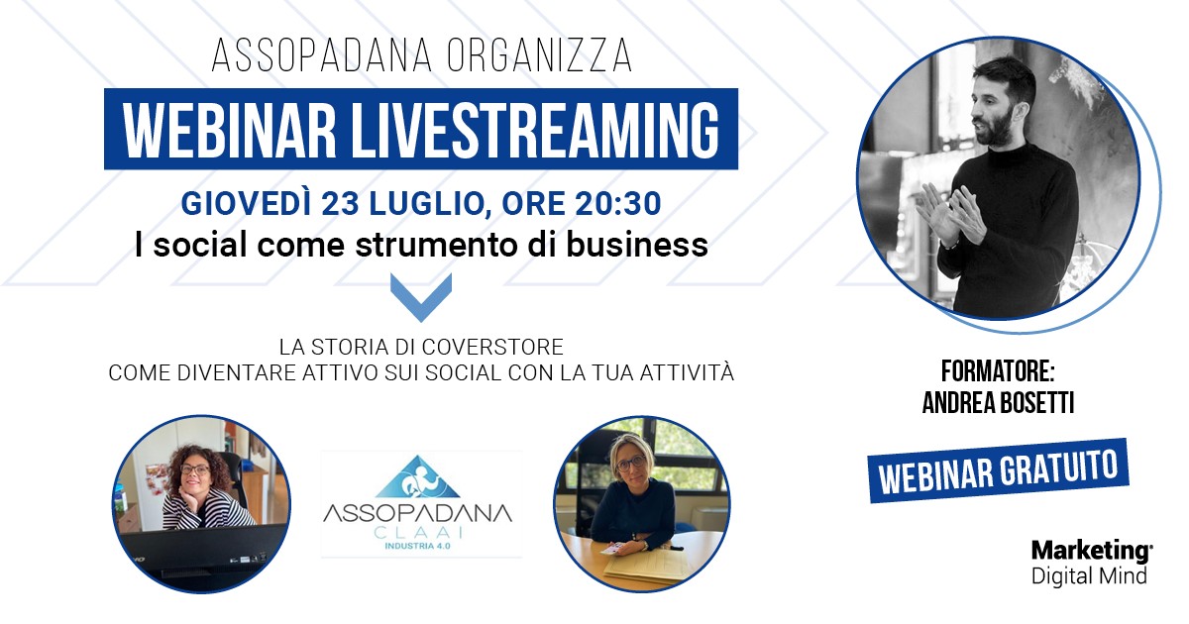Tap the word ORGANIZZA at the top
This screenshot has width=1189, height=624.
(x=540, y=55)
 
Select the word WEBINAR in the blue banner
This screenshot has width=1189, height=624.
(x=230, y=130)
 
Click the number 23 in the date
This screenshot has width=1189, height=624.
(x=340, y=203)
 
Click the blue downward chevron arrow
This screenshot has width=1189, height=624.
(x=421, y=297)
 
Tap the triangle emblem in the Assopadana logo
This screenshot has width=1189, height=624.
(x=417, y=476)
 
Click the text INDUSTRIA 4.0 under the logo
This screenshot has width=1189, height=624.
(x=417, y=546)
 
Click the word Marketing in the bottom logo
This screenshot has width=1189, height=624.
(x=1091, y=552)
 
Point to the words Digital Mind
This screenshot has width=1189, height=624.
(x=1089, y=575)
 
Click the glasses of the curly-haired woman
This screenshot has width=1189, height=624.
(x=194, y=470)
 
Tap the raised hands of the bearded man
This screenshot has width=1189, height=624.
(x=950, y=213)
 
